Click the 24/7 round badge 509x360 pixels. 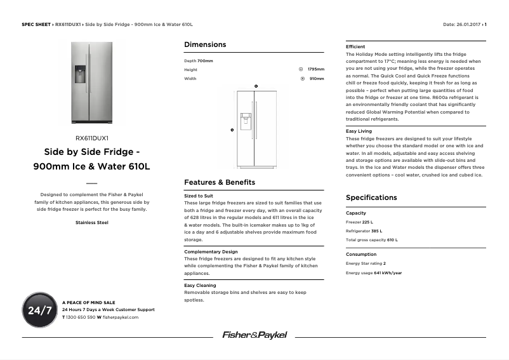[x=39, y=310]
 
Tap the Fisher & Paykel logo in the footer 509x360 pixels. [x=254, y=335]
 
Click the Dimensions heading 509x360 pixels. [x=205, y=44]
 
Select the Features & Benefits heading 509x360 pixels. [x=220, y=182]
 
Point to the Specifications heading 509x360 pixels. [x=371, y=197]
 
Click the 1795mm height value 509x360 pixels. [x=315, y=69]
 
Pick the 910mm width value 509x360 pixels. [x=317, y=79]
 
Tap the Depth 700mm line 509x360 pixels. [x=199, y=60]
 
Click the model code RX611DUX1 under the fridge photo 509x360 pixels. [x=92, y=138]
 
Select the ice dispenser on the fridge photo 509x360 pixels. [x=81, y=74]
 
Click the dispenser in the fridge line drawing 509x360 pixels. [x=245, y=120]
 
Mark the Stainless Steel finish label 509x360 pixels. [x=92, y=223]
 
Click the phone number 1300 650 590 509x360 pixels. [x=81, y=317]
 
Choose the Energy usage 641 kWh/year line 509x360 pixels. [x=374, y=273]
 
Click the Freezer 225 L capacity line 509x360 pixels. [x=359, y=222]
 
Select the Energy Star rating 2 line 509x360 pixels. [x=366, y=263]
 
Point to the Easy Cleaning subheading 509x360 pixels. [x=200, y=286]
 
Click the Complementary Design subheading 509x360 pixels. [x=211, y=252]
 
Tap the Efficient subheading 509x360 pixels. [x=355, y=47]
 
